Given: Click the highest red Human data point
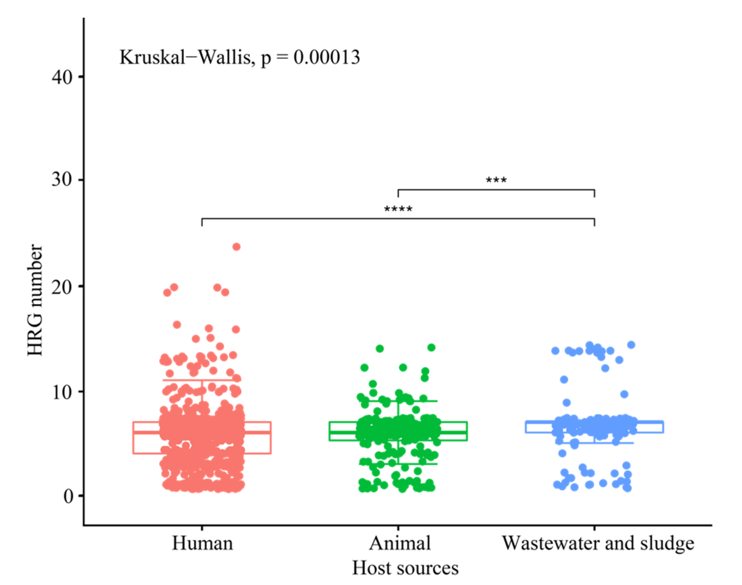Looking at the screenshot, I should click(237, 247).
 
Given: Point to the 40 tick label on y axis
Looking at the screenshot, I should click(62, 77).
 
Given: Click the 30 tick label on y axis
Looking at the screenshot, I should click(62, 179).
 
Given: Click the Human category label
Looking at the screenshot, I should click(202, 543).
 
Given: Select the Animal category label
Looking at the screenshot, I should click(399, 543).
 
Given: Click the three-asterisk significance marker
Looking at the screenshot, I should click(496, 181).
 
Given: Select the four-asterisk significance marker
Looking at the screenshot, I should click(398, 209).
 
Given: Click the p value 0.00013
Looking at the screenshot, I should click(327, 57).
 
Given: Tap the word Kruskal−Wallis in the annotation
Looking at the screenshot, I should click(185, 57).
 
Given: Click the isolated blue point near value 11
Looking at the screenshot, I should click(564, 380).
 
